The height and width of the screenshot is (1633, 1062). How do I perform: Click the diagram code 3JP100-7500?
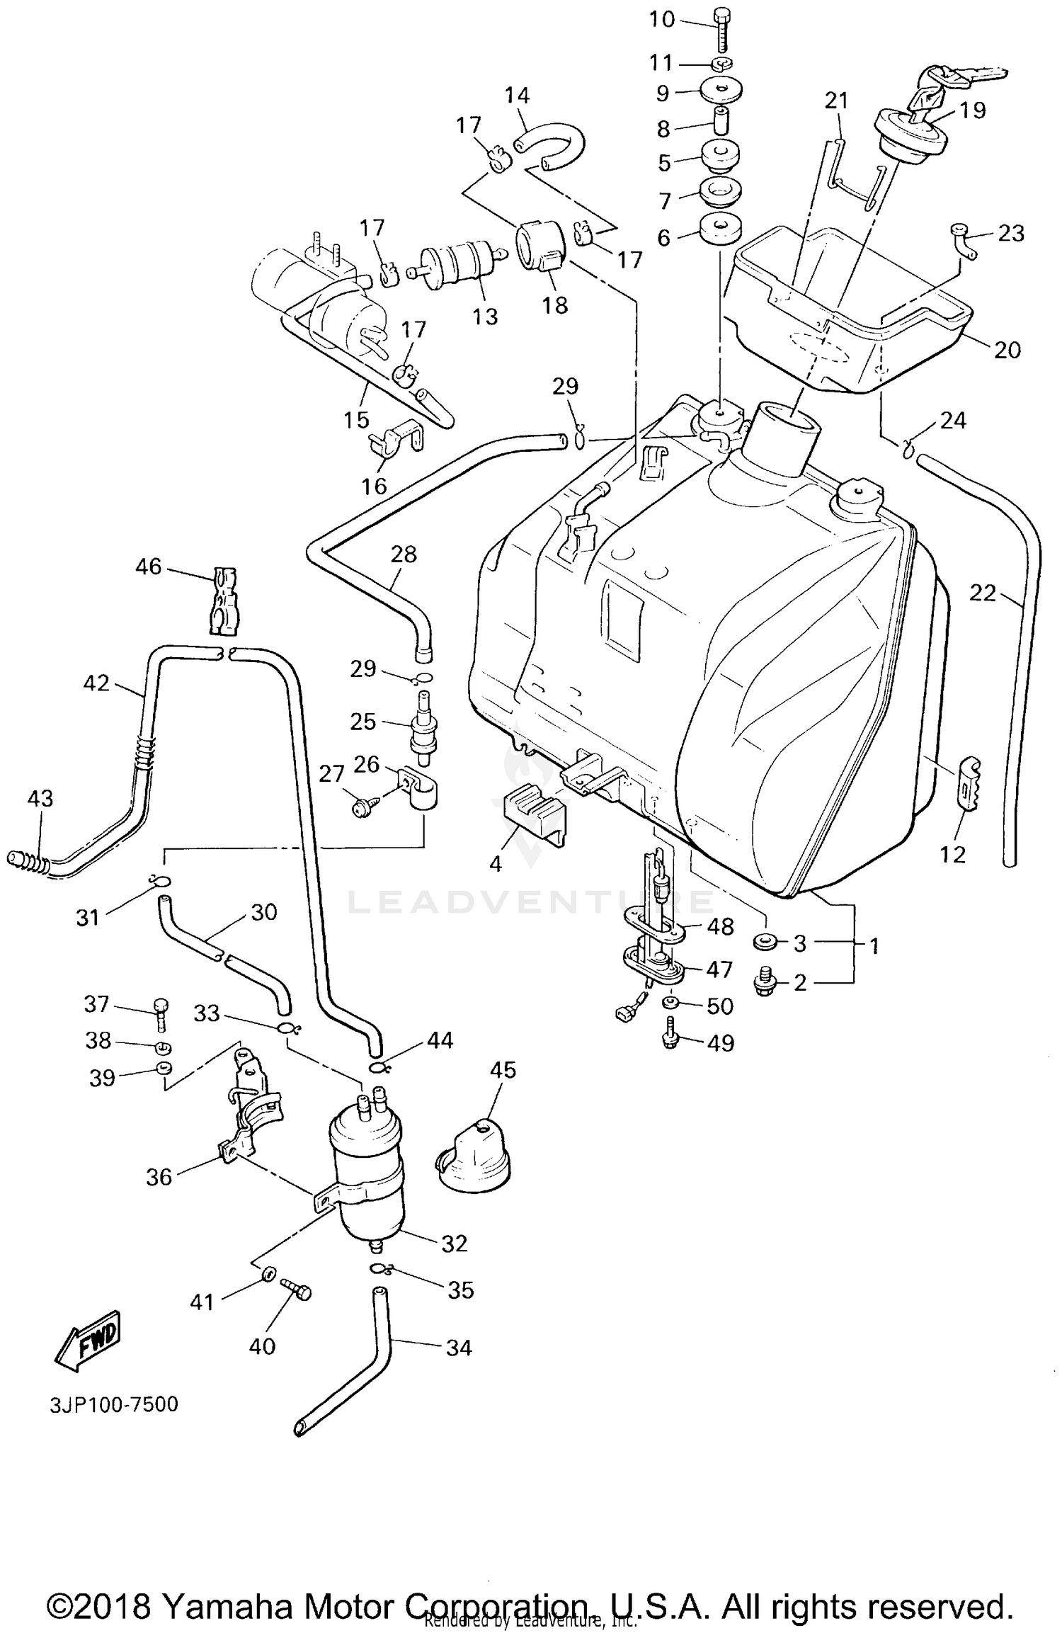click(x=114, y=1404)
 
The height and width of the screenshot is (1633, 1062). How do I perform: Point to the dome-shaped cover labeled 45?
click(x=473, y=1156)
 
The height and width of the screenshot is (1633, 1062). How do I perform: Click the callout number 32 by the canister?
click(x=455, y=1244)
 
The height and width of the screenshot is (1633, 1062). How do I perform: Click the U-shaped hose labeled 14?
click(x=552, y=142)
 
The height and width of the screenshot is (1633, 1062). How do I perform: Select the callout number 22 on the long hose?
click(x=982, y=593)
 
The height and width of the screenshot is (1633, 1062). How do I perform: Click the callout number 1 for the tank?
click(x=874, y=945)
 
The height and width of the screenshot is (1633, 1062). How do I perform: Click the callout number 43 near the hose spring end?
click(x=40, y=798)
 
